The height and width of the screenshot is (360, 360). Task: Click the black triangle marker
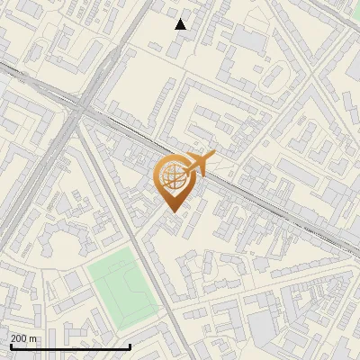pos(181,24)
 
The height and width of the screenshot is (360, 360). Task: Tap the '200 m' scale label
pos(24,338)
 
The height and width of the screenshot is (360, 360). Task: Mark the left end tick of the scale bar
pos(11,345)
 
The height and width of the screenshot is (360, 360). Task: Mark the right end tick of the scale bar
pos(130,345)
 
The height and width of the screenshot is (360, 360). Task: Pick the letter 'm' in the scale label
pos(33,338)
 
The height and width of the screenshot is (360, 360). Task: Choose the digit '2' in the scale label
pos(14,338)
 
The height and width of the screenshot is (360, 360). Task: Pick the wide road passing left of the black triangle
pos(135,36)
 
